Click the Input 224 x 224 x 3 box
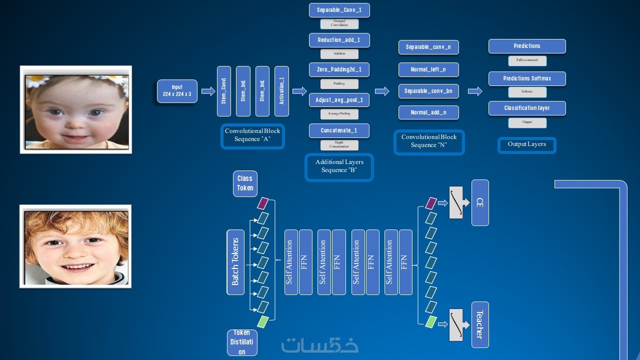177,91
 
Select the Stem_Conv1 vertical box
224,91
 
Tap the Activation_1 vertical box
281,91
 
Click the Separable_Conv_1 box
339,10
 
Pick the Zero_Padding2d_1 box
339,69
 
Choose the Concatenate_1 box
339,130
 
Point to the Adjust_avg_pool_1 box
339,100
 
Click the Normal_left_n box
428,69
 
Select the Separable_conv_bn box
428,91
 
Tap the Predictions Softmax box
527,78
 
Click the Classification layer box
527,108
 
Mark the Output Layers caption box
527,145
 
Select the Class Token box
245,183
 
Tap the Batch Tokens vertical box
235,262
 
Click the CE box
480,203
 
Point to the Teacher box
480,324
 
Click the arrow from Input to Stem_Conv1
208,91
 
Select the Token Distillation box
242,342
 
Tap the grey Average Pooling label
339,114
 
